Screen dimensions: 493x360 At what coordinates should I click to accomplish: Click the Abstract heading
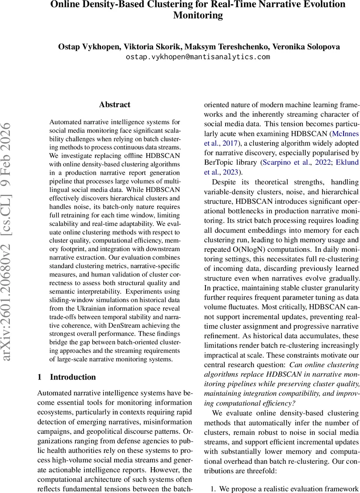point(115,105)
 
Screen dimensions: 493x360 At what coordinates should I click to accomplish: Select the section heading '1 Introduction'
point(67,377)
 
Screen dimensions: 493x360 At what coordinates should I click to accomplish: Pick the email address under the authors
point(198,57)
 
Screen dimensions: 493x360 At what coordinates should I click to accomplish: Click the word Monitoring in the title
point(198,16)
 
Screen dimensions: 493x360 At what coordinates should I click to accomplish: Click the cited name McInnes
point(345,134)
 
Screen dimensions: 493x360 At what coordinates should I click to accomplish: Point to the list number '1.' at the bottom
point(213,489)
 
